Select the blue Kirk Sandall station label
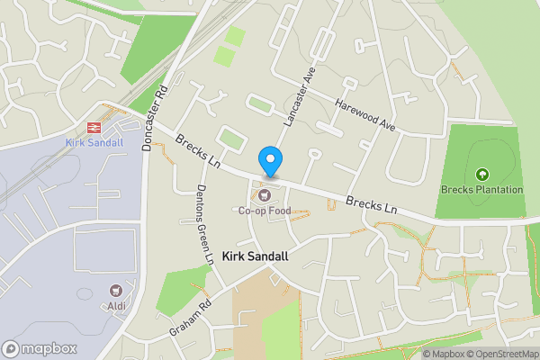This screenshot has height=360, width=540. click(93, 142)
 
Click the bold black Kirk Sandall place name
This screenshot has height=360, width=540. click(255, 256)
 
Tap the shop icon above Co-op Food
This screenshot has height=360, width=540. click(264, 194)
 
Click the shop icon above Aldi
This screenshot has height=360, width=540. click(115, 291)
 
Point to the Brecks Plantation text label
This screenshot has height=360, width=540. click(481, 190)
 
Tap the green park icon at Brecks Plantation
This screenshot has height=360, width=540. click(481, 174)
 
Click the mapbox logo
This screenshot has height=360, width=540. click(39, 348)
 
